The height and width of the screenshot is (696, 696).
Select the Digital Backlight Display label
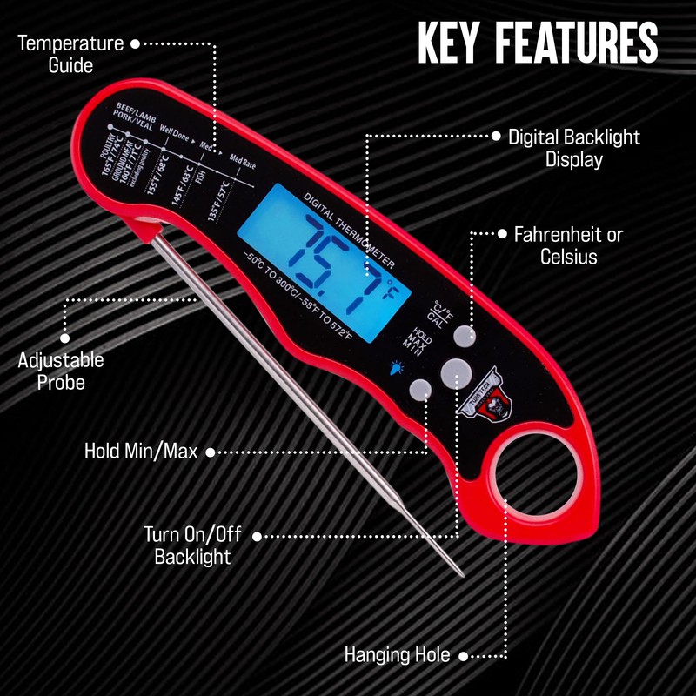(573, 148)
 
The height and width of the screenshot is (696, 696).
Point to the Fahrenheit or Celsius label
(568, 245)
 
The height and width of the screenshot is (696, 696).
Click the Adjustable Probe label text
(61, 371)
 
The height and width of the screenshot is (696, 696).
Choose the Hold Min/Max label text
(140, 452)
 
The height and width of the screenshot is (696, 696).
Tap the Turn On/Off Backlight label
(192, 545)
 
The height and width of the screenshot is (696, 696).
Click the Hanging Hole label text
(398, 654)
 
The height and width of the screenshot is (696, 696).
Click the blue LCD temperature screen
(318, 252)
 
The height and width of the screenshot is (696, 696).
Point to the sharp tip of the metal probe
(462, 573)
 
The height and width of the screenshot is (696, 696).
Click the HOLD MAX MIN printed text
(420, 340)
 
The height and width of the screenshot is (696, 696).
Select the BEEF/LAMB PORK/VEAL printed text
(130, 117)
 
